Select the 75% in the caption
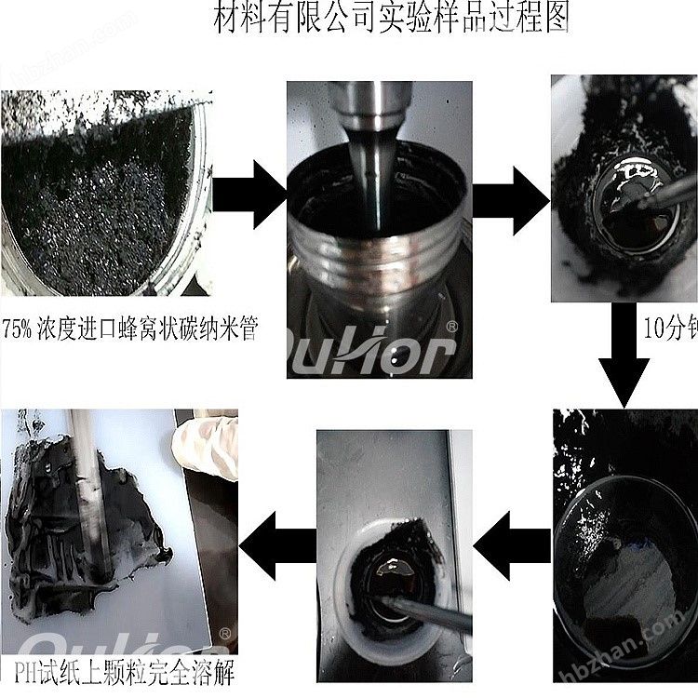(24, 328)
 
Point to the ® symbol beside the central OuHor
(452, 328)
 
